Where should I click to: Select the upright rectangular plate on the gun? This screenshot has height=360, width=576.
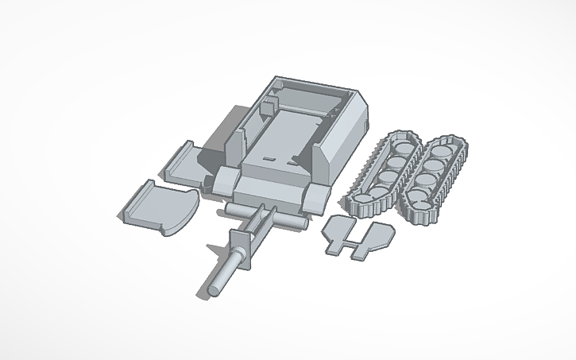(x=240, y=247)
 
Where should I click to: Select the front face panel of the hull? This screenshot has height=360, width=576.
(x=270, y=192)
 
